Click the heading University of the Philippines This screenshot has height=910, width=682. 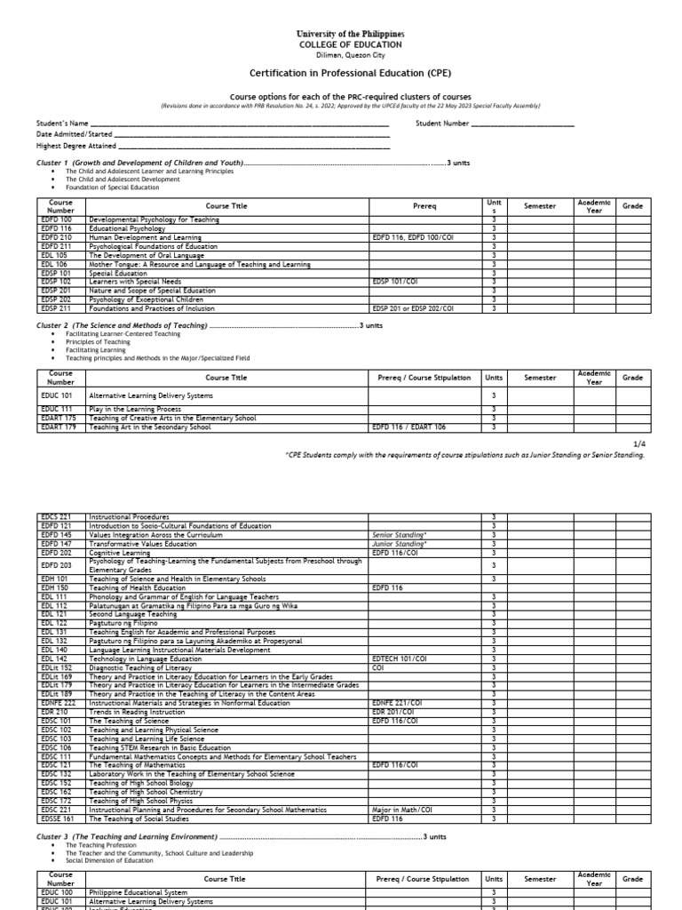[x=350, y=33]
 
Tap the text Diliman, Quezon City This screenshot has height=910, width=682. [x=350, y=54]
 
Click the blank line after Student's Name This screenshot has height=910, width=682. [x=240, y=124]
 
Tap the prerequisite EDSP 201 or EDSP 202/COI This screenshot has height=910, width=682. [x=413, y=308]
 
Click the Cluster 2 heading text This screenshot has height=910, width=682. [x=122, y=326]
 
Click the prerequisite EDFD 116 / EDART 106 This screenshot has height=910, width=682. [x=409, y=427]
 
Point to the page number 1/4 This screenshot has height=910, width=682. [x=638, y=442]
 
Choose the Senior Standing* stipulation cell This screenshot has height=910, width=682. [x=395, y=535]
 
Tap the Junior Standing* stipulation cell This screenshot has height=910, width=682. [x=395, y=544]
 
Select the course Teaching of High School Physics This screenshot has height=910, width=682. [x=139, y=802]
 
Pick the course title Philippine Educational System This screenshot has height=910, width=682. [x=138, y=891]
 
